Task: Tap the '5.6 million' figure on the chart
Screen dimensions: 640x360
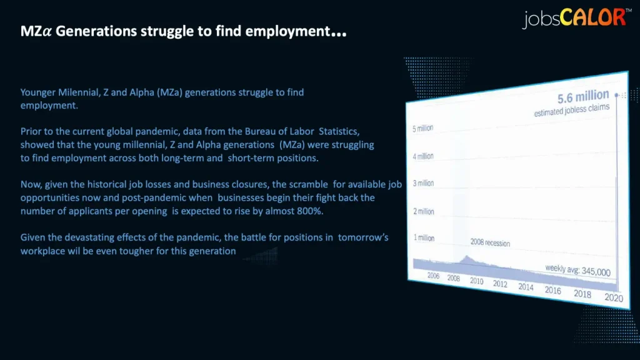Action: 583,97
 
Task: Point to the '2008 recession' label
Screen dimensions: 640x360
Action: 490,242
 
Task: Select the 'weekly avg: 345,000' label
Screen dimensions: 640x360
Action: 578,270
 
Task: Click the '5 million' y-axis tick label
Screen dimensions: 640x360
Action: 422,129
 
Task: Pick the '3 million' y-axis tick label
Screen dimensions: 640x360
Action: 423,183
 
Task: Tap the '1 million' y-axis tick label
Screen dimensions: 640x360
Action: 424,237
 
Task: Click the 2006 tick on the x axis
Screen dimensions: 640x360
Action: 433,276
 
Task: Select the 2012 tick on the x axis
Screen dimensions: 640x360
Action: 500,284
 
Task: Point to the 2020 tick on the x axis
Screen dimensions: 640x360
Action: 614,297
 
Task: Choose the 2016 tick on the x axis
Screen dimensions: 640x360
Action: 552,290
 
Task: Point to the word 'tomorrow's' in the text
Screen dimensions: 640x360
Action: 363,237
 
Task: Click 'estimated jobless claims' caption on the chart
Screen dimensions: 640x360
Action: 572,110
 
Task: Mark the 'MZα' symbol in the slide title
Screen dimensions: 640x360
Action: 36,31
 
